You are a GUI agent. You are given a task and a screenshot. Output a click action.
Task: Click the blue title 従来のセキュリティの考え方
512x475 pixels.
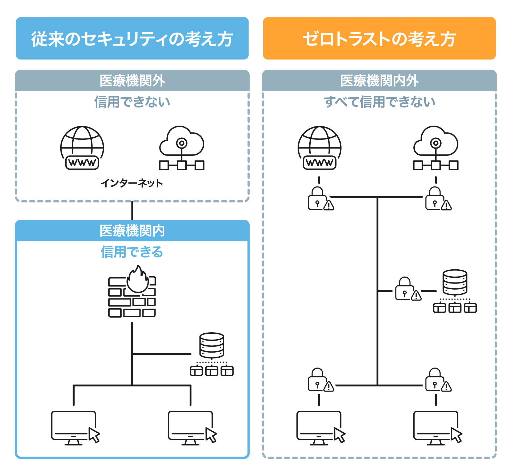tap(132, 39)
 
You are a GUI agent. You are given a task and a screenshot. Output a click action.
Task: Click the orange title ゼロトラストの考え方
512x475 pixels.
tap(379, 39)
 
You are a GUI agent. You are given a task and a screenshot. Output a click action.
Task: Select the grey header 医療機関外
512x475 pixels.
tap(132, 81)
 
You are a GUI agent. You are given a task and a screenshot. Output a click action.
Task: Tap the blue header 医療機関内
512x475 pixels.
tap(132, 231)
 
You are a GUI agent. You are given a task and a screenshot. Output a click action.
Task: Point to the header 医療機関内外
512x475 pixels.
tap(379, 81)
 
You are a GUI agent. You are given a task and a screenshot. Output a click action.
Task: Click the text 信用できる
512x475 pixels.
tap(132, 252)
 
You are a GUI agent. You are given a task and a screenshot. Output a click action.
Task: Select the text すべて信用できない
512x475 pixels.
tap(379, 102)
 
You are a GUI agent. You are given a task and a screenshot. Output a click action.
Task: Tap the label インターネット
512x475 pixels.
tap(132, 183)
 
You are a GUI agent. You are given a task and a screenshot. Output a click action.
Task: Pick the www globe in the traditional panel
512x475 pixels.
tap(82, 148)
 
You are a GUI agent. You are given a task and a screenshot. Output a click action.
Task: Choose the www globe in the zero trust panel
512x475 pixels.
tap(319, 148)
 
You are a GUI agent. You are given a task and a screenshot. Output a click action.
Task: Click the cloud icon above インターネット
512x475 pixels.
tap(182, 148)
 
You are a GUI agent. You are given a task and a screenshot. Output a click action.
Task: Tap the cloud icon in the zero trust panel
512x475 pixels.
tap(436, 148)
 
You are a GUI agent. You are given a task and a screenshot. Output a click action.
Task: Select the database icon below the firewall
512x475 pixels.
tap(212, 354)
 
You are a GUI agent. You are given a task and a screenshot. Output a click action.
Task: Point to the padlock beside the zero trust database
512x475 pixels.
tap(405, 289)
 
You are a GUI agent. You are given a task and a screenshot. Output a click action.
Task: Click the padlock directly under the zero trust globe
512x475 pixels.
tap(318, 199)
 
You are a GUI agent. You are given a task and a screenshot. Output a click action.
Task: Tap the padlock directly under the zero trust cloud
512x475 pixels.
tap(435, 199)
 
